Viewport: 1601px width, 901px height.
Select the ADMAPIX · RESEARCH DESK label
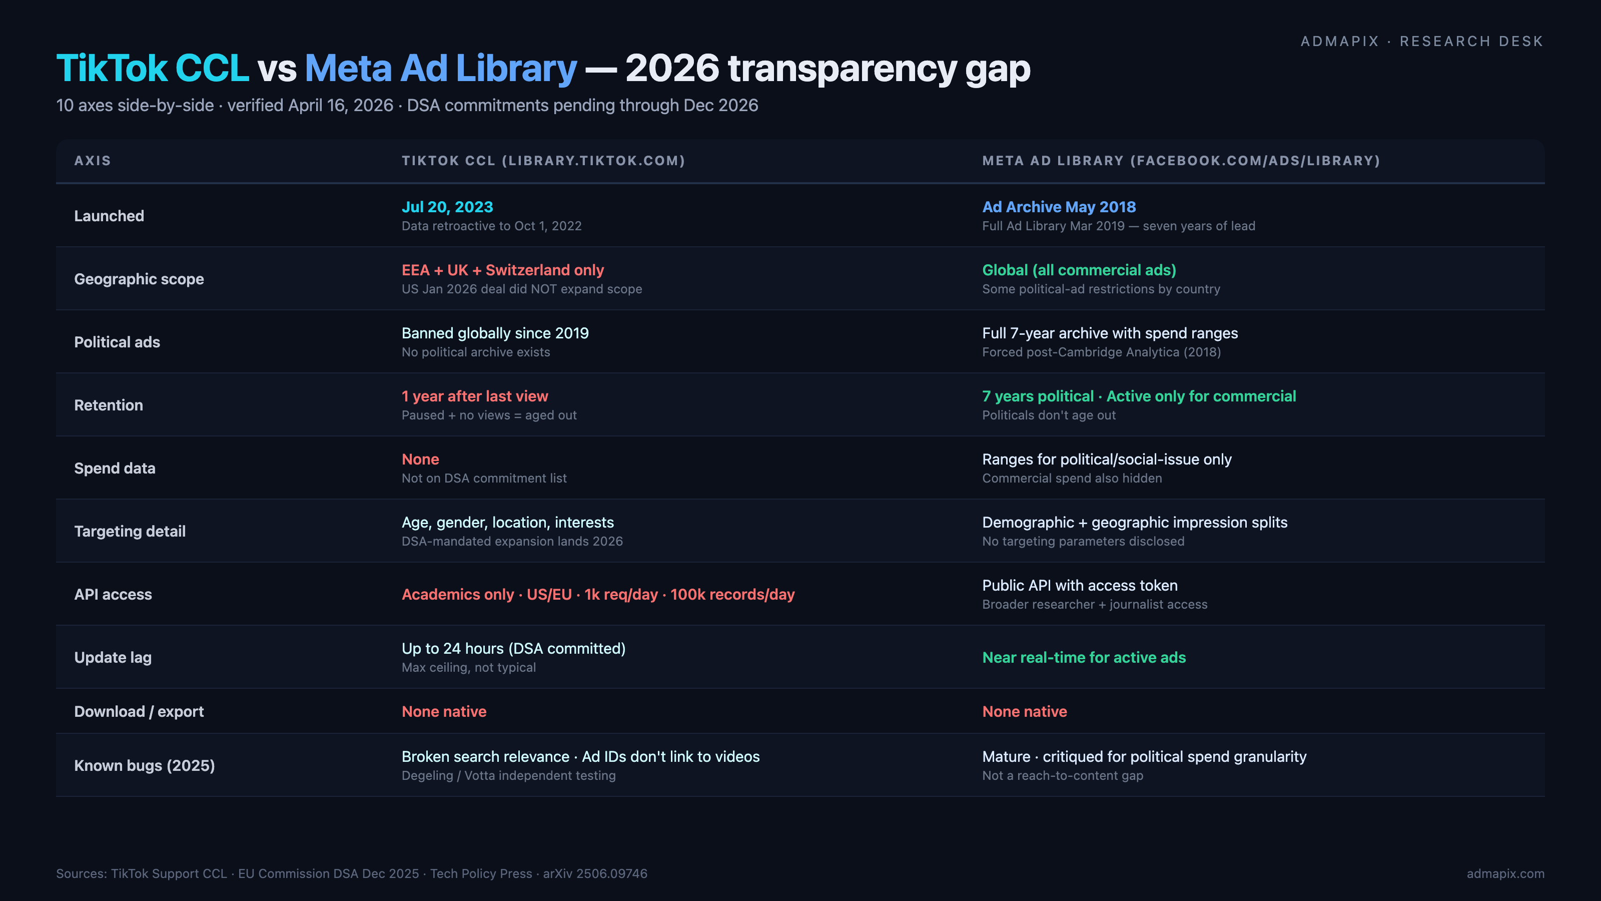coord(1421,41)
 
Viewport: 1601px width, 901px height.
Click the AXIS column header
coord(93,160)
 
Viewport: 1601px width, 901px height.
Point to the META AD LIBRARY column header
coord(1180,160)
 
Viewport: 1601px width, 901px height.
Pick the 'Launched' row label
coord(109,216)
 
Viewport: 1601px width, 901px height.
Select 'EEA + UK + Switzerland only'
coord(502,270)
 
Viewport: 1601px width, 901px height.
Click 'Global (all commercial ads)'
coord(1079,270)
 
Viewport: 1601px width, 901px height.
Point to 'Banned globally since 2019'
coord(495,333)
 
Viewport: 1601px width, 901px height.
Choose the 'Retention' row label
coord(108,405)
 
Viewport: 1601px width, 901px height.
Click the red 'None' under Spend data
coord(420,459)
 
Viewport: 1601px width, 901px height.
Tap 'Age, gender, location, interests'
coord(507,522)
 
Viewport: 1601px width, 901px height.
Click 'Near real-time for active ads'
coord(1083,657)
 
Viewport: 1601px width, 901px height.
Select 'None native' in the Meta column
coord(1024,711)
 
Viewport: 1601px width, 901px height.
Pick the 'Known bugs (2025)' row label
coord(144,765)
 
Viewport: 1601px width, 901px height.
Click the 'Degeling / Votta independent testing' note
coord(508,775)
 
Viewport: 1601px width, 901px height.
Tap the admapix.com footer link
coord(1504,873)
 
